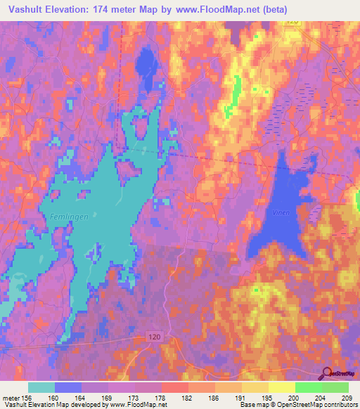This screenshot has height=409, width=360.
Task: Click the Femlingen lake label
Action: pos(69,217)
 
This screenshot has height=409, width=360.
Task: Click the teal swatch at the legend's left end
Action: pos(41,387)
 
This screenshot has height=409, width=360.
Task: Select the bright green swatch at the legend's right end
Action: pos(335,387)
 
